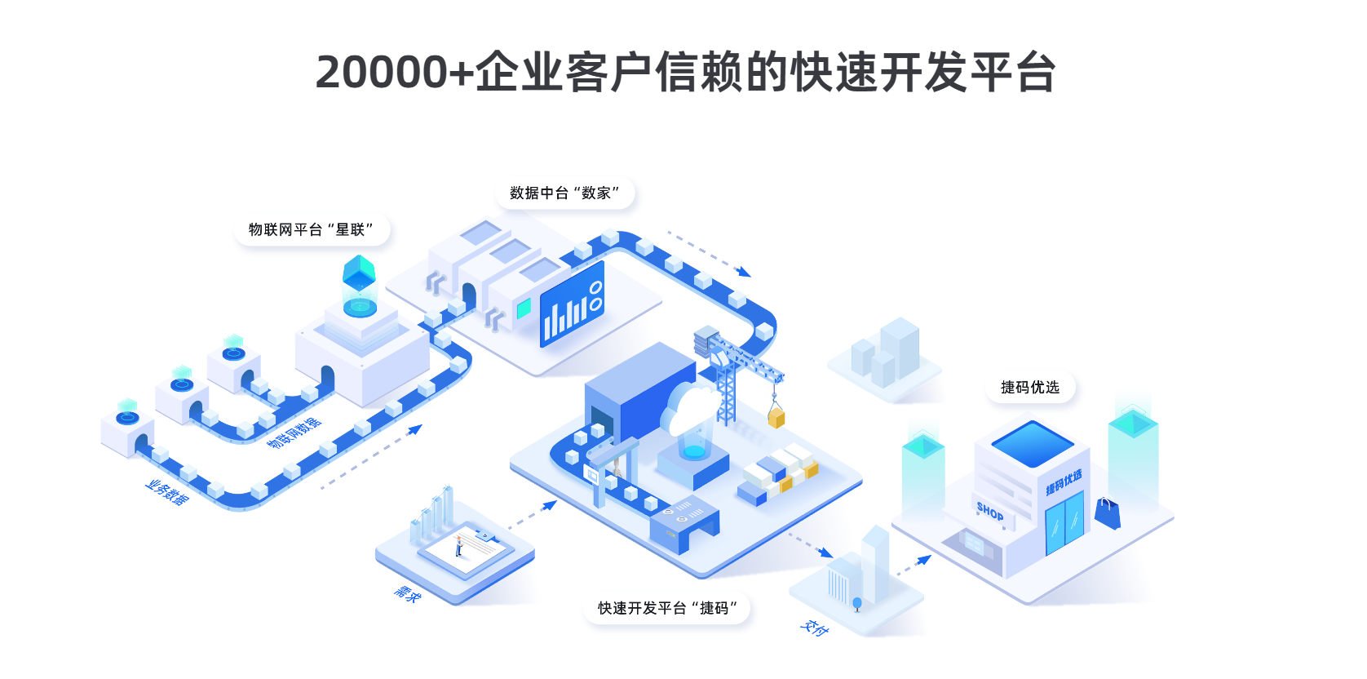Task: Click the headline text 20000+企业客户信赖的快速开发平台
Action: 685,72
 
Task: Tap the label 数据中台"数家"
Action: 564,193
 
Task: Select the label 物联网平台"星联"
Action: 311,230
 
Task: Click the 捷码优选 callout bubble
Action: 1029,388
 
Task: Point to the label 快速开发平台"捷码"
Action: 666,608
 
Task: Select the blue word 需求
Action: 407,593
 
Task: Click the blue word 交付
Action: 814,628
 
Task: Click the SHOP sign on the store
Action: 990,512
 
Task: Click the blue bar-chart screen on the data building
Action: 573,305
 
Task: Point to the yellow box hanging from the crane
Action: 776,418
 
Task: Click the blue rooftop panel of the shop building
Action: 1032,443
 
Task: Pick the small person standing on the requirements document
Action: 459,544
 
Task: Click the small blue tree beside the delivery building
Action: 856,604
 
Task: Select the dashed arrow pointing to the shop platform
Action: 914,566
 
